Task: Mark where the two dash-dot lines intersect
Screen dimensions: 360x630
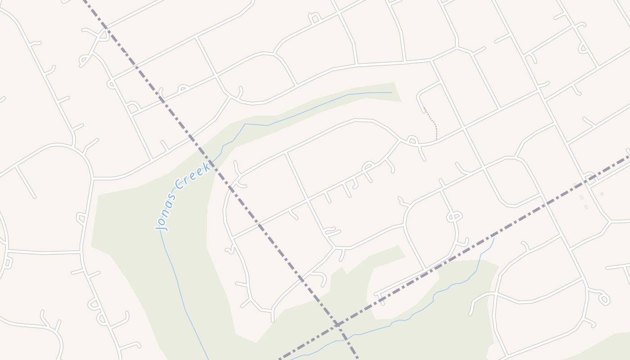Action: (x=337, y=324)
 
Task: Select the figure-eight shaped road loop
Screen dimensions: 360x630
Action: (x=454, y=217)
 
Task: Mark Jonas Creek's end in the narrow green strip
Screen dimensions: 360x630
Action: (x=391, y=93)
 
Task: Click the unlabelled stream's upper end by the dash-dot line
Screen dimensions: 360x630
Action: (x=494, y=238)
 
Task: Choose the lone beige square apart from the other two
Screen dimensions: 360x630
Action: (x=602, y=194)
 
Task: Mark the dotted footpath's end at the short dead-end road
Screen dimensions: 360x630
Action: (x=424, y=108)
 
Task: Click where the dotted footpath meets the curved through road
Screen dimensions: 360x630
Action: (x=436, y=139)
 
